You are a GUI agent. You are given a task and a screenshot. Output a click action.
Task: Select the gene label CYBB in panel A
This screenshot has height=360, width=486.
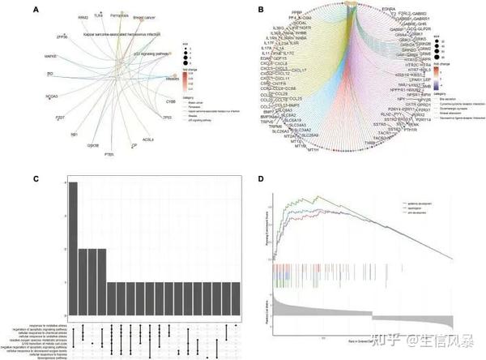(171, 102)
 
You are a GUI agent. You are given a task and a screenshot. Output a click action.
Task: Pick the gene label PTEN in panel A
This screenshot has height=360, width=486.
(109, 142)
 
